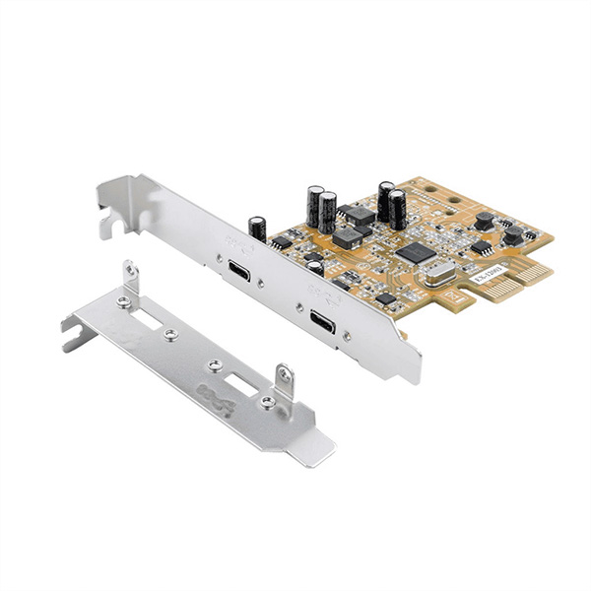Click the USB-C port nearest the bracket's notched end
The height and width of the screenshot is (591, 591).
[x=239, y=270]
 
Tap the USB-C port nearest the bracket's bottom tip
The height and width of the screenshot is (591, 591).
[x=321, y=322]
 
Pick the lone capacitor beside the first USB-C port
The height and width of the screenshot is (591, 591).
[x=257, y=230]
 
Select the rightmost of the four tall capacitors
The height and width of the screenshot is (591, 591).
[x=397, y=208]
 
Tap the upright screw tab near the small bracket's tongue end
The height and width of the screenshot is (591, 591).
[x=284, y=379]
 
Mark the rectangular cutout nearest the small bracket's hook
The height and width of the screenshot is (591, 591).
[x=155, y=320]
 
